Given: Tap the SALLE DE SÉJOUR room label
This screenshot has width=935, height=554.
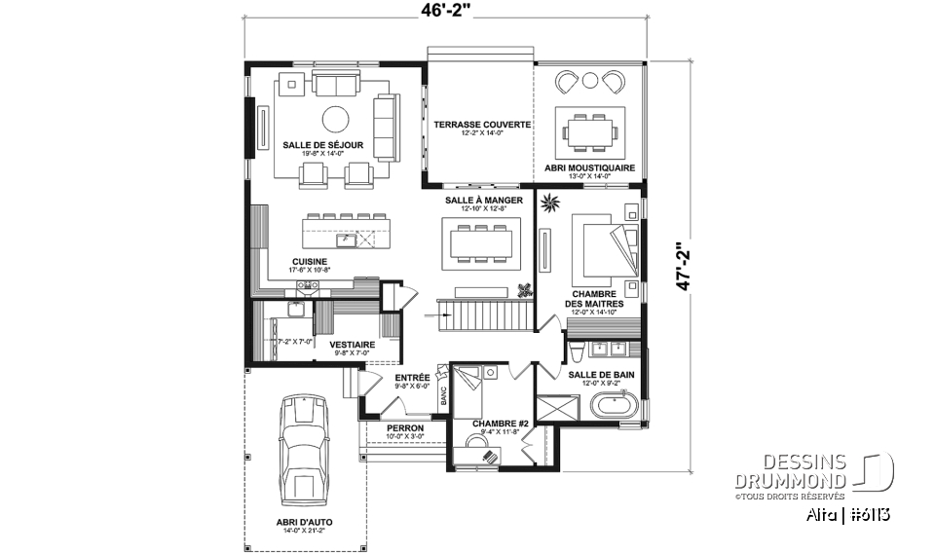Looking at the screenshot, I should tap(323, 145).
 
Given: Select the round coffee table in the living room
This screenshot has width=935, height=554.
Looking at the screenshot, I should tap(335, 120).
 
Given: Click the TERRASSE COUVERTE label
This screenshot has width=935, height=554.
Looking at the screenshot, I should tap(482, 125).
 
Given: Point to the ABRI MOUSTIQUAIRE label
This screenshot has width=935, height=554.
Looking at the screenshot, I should tap(592, 167).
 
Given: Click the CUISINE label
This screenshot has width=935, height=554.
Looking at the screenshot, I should tap(310, 261).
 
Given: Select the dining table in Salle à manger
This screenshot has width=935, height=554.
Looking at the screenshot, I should tap(481, 241).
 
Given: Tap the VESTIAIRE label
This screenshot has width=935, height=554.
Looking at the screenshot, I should tap(352, 344).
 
